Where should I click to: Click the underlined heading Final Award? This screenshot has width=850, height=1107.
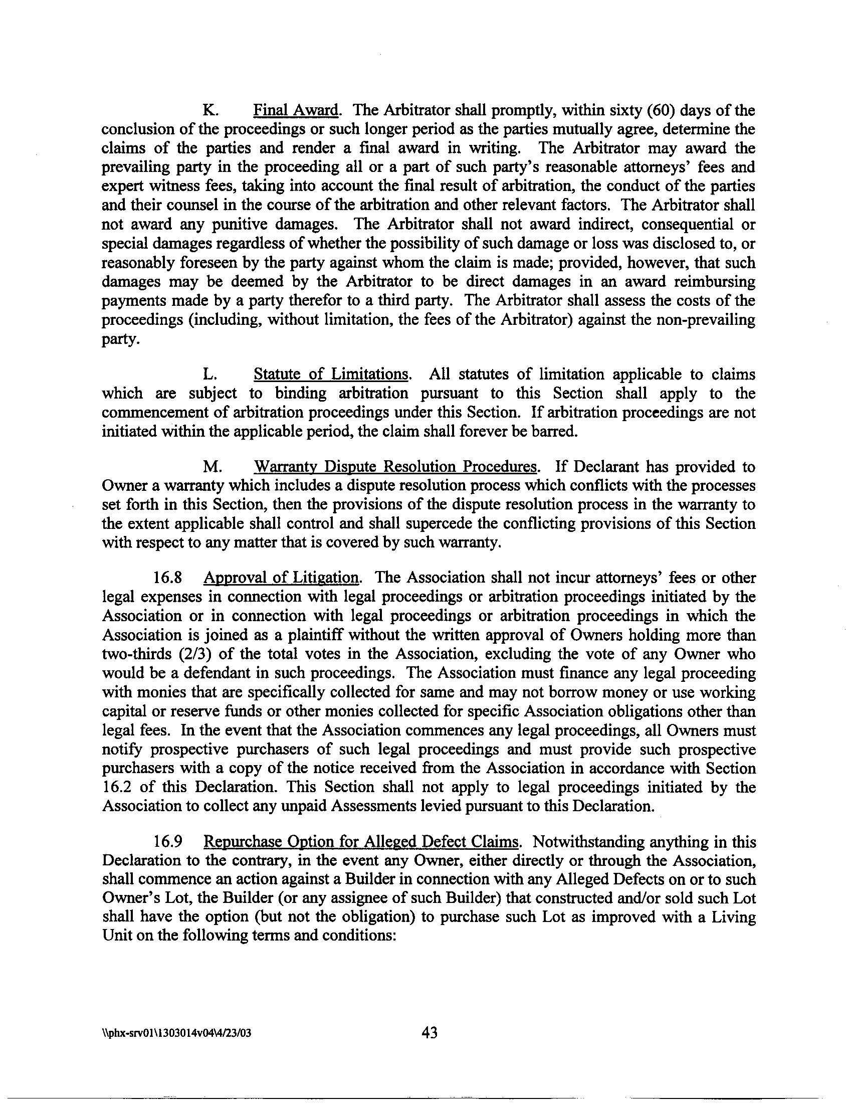coord(296,110)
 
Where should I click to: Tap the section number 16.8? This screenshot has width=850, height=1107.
coord(168,578)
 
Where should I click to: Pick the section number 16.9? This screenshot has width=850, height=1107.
coord(168,842)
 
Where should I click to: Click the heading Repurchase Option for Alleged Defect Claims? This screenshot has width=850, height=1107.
coord(361,842)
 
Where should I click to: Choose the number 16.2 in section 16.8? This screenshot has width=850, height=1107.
coord(113,788)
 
